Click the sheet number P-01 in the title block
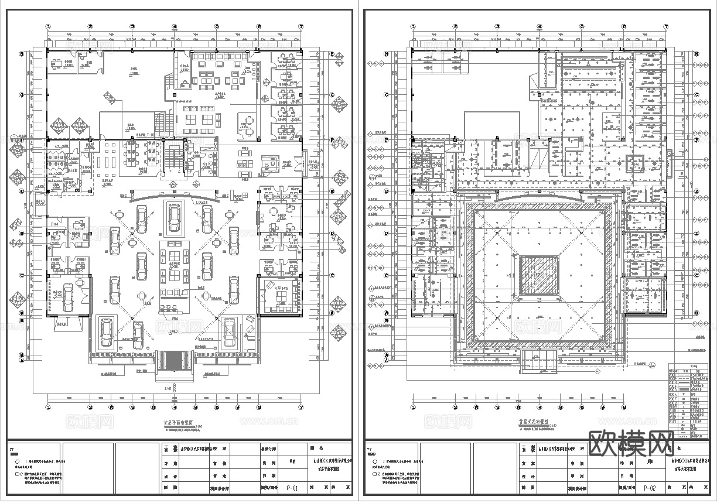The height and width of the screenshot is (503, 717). [292, 487]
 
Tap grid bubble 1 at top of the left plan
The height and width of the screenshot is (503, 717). [49, 26]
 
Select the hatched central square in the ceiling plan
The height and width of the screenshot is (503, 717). [539, 276]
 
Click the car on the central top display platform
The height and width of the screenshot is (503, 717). [174, 217]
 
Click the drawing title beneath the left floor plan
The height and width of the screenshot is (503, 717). [175, 421]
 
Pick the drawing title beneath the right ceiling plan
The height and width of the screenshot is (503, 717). [533, 421]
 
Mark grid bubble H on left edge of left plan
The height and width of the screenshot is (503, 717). [22, 54]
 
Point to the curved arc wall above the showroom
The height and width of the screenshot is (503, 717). [174, 194]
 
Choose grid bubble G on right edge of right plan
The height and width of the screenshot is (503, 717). [697, 95]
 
